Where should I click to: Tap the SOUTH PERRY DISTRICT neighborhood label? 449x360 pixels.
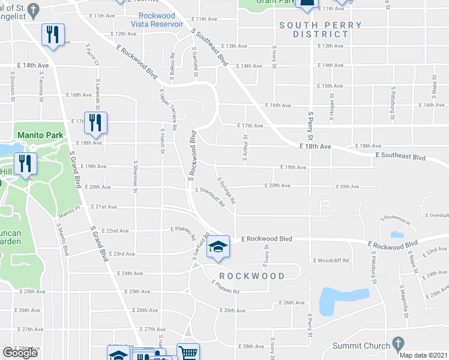click(320, 29)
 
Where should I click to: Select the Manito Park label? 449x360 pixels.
click(40, 135)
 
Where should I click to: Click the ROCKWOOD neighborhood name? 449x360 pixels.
click(252, 276)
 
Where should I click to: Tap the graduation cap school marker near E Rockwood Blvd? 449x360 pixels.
click(218, 247)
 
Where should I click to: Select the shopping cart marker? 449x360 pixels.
click(188, 353)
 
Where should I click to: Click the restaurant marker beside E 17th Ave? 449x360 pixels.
click(95, 123)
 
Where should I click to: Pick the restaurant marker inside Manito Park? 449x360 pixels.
click(25, 164)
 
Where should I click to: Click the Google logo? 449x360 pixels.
click(20, 353)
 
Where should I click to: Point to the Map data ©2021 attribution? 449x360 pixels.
click(423, 355)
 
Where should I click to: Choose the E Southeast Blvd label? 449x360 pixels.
click(400, 157)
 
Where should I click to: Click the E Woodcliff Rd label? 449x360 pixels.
click(331, 260)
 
